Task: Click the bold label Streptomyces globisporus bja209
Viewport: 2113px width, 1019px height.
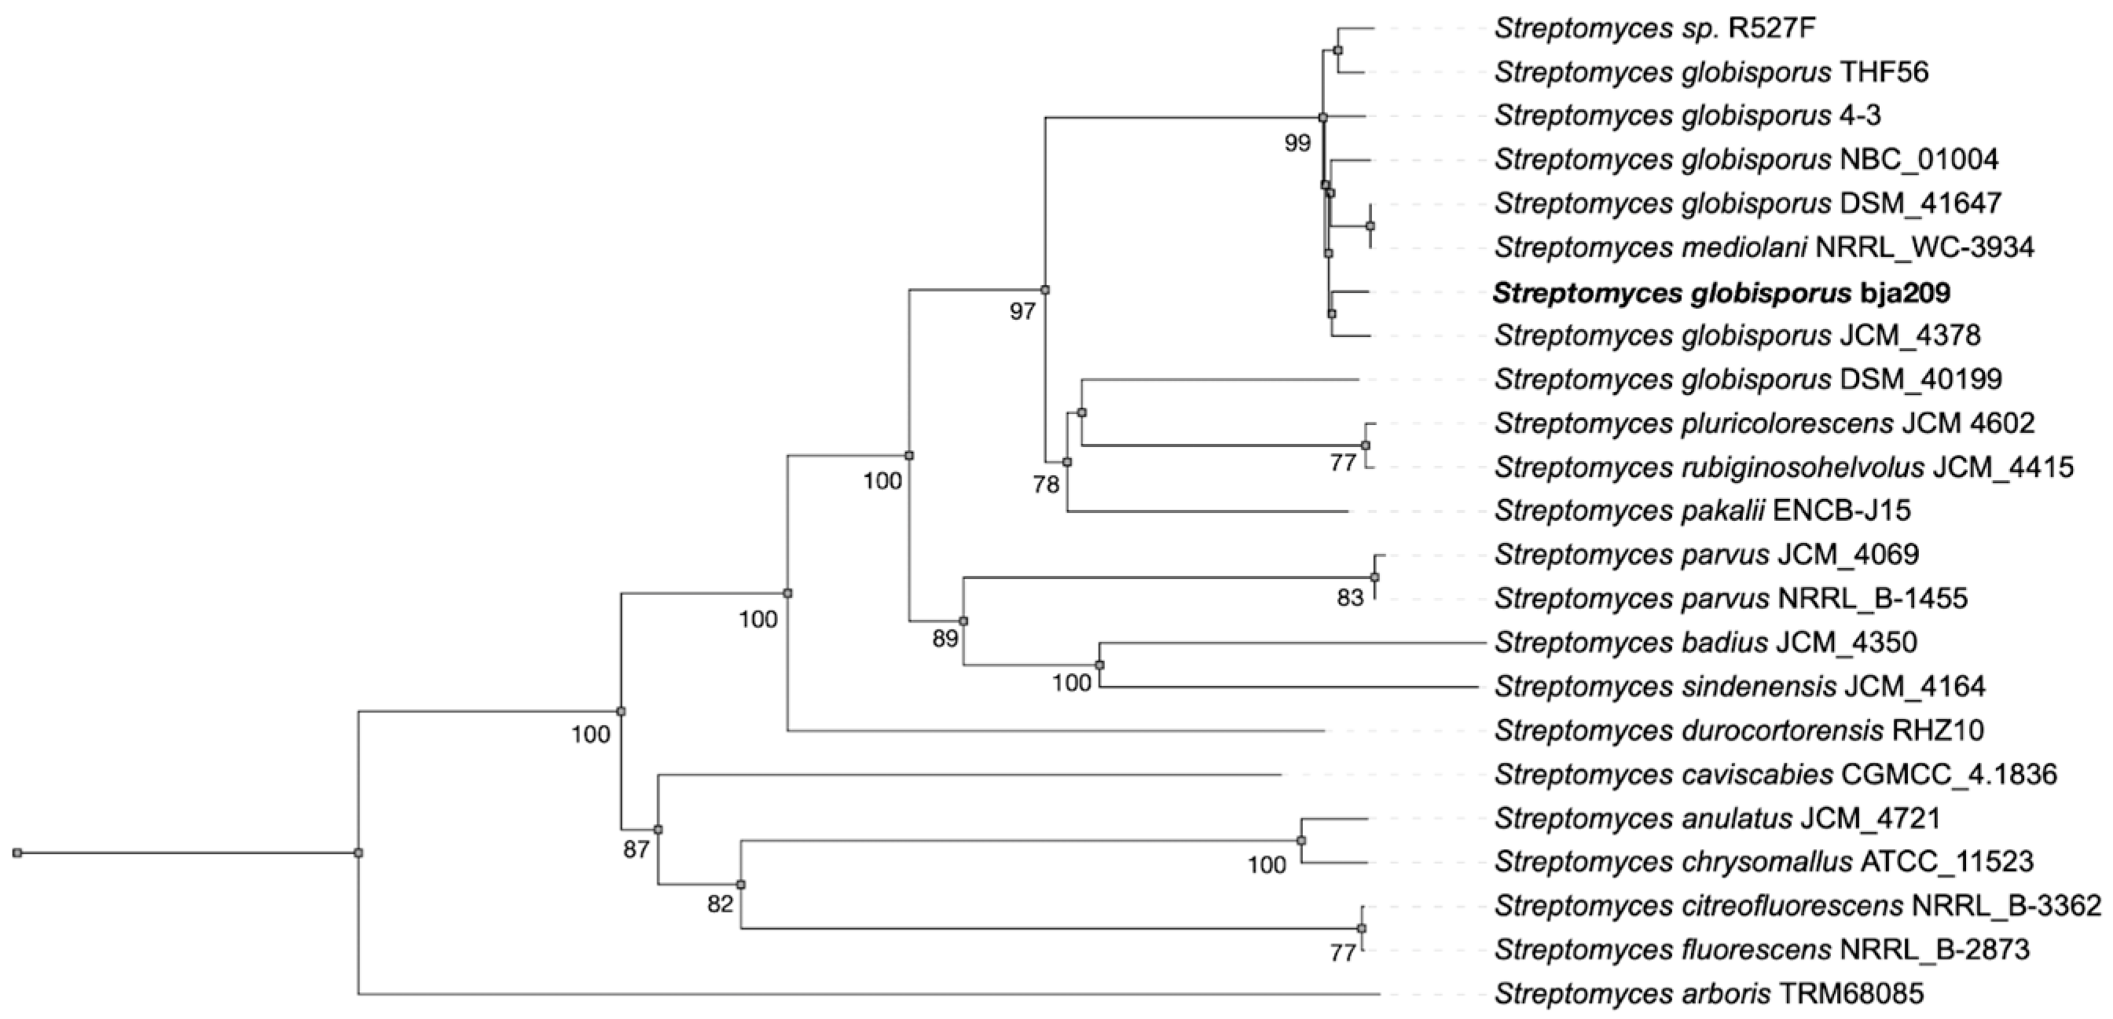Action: tap(1721, 292)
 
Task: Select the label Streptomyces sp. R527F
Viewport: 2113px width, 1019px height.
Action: tap(1652, 29)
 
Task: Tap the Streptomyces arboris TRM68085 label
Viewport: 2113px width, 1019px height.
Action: tap(1708, 994)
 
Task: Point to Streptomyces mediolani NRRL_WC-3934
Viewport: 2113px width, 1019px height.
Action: tap(1763, 247)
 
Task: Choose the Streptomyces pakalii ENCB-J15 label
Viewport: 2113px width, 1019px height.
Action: tap(1702, 511)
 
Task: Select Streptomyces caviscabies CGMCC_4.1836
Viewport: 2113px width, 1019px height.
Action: tap(1775, 774)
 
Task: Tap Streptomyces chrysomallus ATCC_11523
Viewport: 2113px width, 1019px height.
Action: tap(1763, 861)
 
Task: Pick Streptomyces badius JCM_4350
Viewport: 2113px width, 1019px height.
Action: tap(1705, 642)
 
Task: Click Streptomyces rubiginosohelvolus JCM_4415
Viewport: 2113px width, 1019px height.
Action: tap(1783, 467)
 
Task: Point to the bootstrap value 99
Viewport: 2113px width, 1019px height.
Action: tap(1297, 144)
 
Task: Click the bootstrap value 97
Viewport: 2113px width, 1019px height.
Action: tap(1022, 312)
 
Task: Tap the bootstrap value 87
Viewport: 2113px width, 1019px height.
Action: tap(636, 850)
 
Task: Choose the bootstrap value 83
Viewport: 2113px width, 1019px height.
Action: tap(1349, 598)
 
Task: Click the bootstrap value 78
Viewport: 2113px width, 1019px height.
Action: tap(1046, 485)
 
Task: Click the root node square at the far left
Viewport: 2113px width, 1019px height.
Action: tap(17, 853)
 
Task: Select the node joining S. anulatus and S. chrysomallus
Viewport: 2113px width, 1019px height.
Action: tap(1301, 840)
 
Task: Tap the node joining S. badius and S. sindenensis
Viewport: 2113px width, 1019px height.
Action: tap(1100, 665)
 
